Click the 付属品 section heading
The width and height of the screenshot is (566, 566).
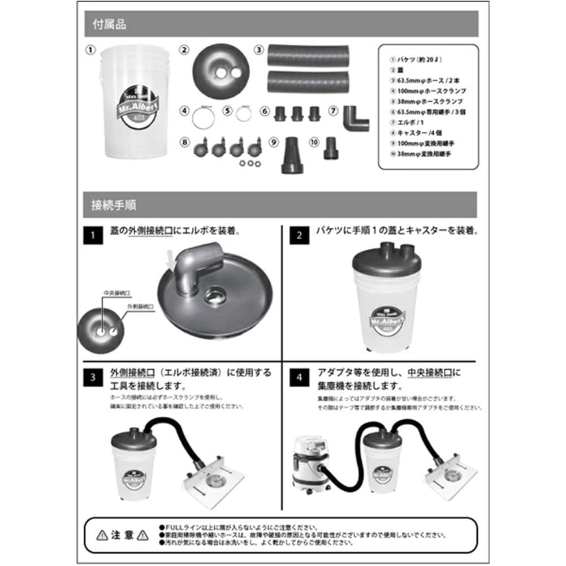click(x=110, y=24)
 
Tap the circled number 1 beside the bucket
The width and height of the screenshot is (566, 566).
click(x=89, y=50)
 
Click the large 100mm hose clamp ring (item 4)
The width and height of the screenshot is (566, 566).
click(x=203, y=118)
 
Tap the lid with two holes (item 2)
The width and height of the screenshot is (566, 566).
click(x=220, y=70)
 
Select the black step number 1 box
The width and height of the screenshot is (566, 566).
click(x=93, y=235)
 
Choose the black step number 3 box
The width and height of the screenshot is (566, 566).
click(x=93, y=377)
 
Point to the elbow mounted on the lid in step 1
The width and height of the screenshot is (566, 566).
click(x=192, y=266)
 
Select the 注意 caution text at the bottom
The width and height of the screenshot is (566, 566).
click(x=122, y=534)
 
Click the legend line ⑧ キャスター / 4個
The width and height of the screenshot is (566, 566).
click(x=408, y=132)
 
